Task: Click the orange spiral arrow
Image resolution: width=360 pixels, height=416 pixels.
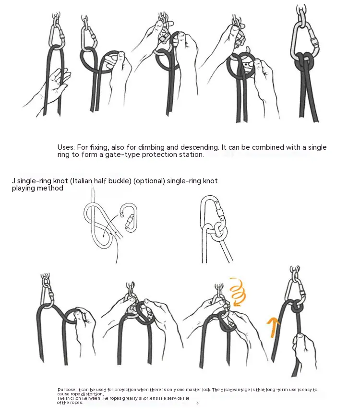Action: [238, 292]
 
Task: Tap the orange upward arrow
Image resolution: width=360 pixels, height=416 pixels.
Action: [273, 327]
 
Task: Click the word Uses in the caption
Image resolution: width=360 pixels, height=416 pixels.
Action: [66, 147]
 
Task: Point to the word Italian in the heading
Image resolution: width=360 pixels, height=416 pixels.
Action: [82, 181]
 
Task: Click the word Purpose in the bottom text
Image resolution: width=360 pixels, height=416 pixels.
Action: [67, 390]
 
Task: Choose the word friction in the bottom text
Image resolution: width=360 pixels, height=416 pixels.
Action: [73, 399]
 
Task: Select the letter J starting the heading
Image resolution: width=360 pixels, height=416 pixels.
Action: [13, 181]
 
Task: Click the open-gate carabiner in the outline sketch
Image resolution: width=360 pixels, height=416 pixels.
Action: [129, 217]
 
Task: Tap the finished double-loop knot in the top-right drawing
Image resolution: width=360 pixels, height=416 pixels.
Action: [305, 61]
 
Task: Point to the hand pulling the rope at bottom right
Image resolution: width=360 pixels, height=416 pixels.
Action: [304, 350]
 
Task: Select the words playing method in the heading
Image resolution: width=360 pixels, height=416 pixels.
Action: [37, 189]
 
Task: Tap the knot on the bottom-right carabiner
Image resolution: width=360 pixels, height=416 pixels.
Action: [298, 307]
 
